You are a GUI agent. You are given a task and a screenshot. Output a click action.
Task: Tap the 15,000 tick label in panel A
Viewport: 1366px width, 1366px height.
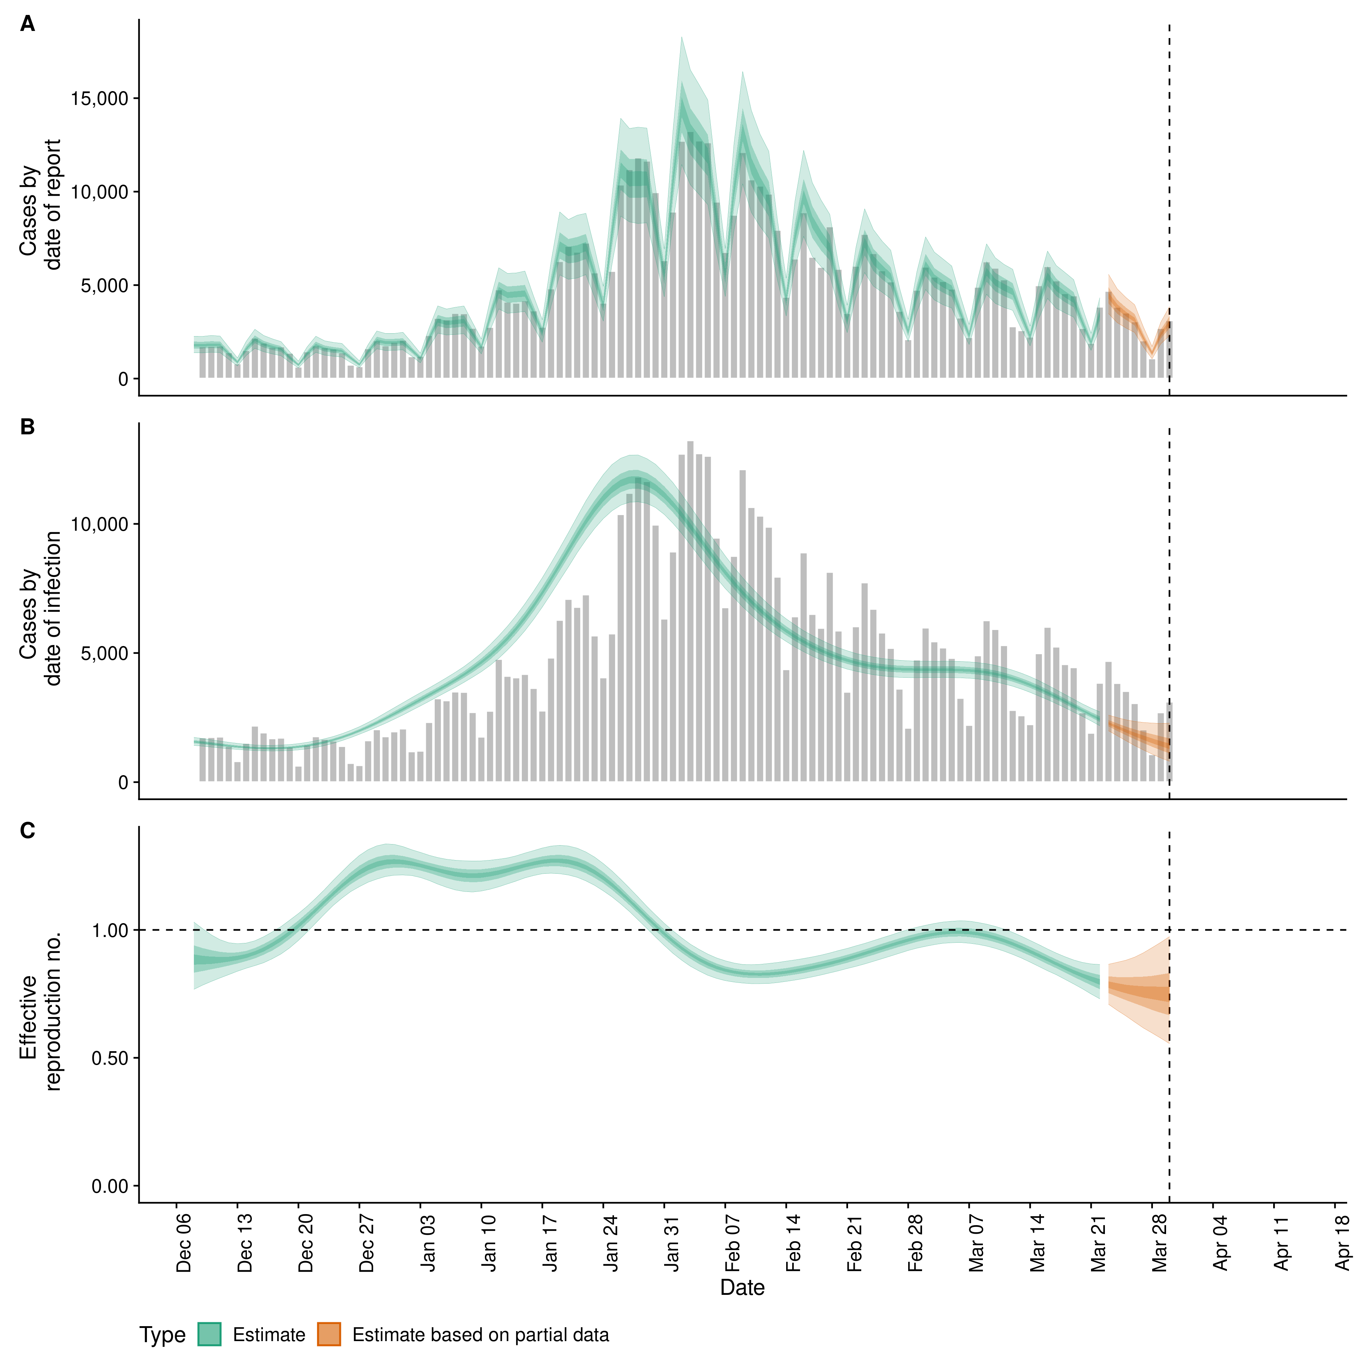[100, 98]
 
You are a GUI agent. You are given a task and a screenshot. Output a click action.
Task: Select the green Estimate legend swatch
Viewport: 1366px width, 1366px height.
[209, 1334]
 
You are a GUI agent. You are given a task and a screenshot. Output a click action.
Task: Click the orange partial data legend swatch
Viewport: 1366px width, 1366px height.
[329, 1334]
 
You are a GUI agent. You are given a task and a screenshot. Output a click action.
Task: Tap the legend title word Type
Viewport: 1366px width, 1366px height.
[163, 1335]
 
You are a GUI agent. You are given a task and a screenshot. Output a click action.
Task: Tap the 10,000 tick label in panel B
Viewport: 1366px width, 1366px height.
[100, 525]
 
